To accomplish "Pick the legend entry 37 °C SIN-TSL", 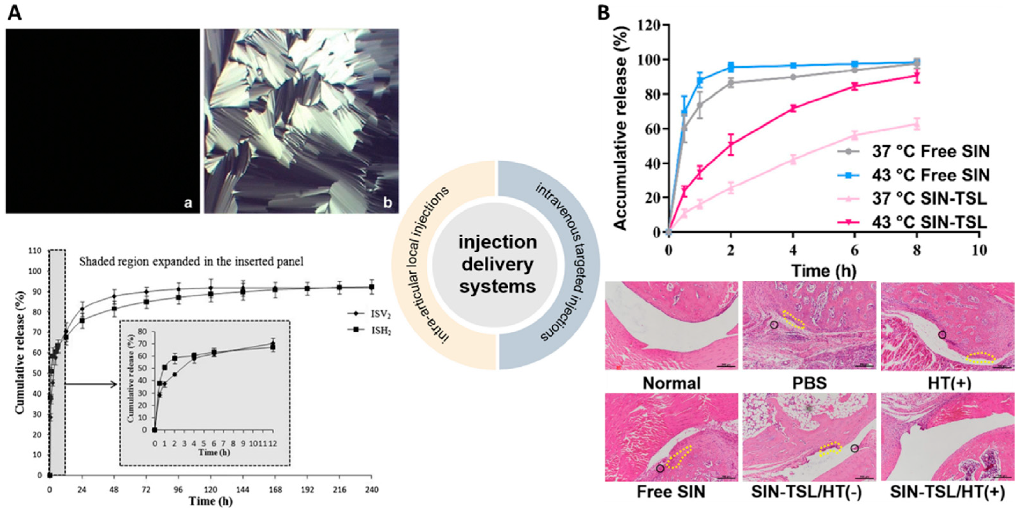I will point(929,199).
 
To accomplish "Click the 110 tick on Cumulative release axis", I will point(36,251).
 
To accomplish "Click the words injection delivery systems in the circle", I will point(497,264).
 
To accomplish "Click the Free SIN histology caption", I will point(671,492).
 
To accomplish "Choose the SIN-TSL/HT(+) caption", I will point(947,492).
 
